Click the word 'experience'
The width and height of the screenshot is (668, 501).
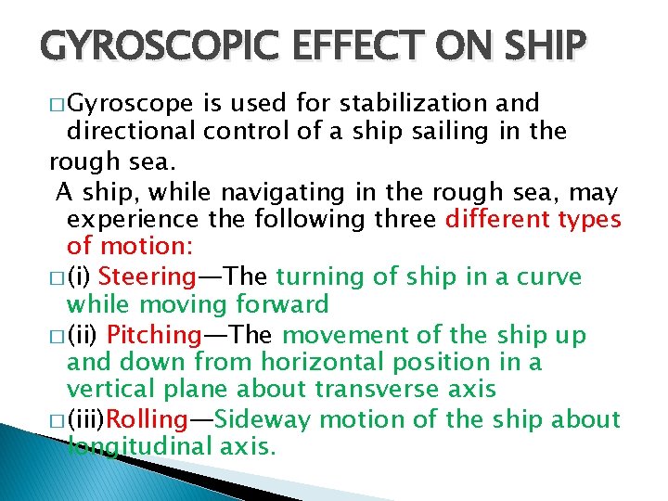(x=133, y=220)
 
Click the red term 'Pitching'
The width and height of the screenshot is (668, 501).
(x=155, y=334)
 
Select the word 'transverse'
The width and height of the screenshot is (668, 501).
(x=361, y=391)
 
